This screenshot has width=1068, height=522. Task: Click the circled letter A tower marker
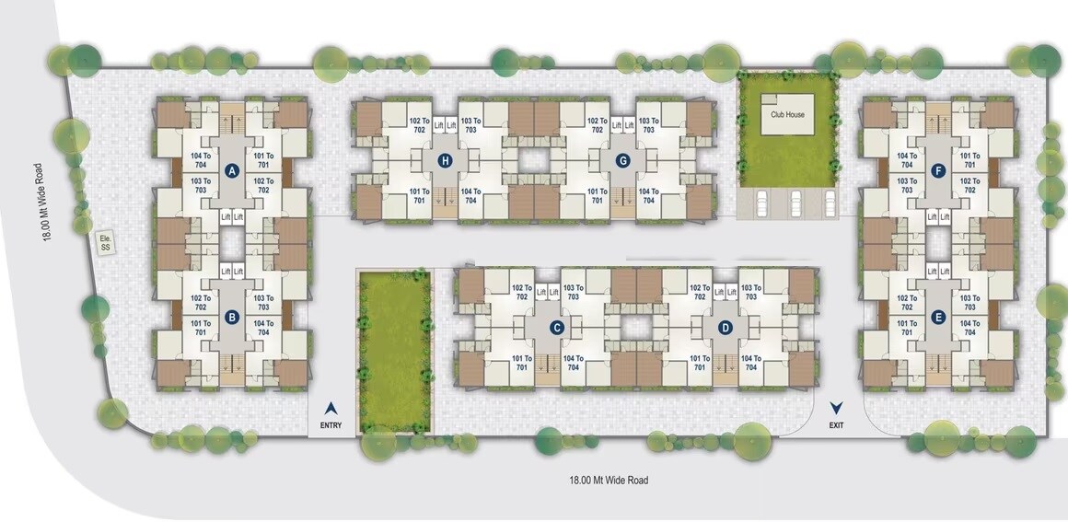[232, 171]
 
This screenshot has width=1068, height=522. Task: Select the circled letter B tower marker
[232, 316]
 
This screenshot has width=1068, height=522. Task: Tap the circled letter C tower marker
[557, 328]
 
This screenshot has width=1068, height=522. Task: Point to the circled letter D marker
[726, 328]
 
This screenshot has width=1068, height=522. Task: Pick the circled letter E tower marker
[939, 316]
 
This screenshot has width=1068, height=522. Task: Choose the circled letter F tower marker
[939, 171]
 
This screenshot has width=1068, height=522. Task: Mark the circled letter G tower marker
[622, 161]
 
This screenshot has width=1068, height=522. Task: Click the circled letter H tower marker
[446, 161]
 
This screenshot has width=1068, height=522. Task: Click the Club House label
[787, 114]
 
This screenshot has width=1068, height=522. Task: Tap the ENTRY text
[331, 426]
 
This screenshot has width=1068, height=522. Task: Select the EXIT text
[836, 426]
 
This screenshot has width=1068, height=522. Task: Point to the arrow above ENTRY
[331, 408]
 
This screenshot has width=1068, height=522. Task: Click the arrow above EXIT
[836, 408]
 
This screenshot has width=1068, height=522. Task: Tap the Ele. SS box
[105, 244]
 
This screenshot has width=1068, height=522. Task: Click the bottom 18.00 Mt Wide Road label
[609, 480]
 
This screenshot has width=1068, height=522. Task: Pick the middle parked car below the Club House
[795, 202]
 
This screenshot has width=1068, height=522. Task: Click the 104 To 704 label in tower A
[201, 160]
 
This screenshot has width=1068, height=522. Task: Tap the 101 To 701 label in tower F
[969, 160]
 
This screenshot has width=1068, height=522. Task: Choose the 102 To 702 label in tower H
[420, 124]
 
